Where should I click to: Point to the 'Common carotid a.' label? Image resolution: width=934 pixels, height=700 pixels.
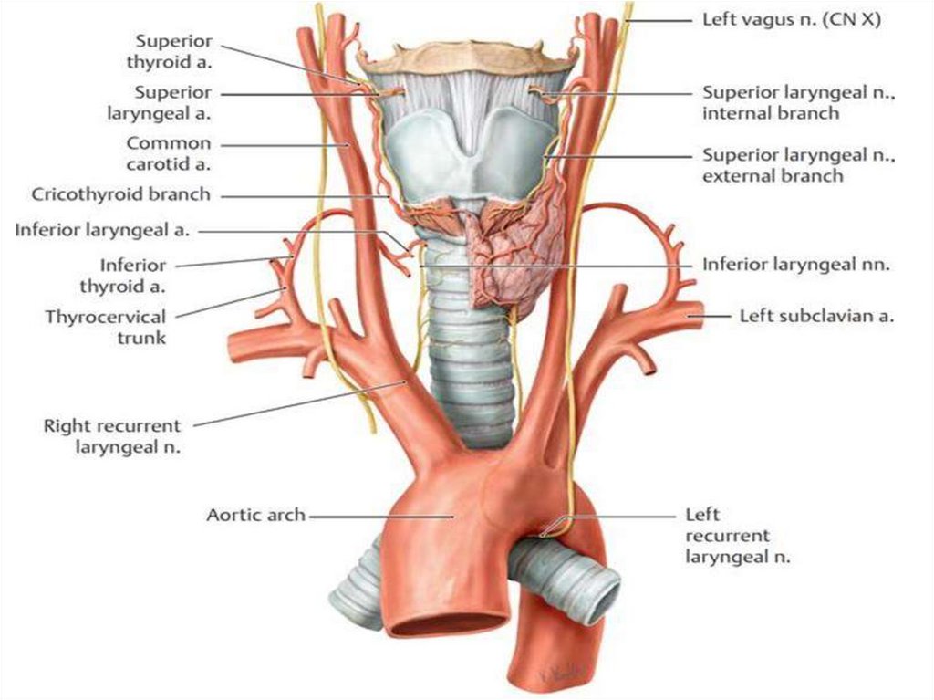(x=169, y=154)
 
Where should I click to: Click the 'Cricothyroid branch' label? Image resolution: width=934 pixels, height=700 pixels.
(x=121, y=194)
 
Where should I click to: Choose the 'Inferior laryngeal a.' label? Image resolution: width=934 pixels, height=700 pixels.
(x=102, y=231)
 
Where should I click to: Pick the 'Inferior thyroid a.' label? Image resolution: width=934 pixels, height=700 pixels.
(x=133, y=277)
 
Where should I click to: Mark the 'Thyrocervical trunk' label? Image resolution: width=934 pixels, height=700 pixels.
(x=106, y=328)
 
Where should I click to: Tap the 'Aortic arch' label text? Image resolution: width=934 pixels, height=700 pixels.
(x=255, y=516)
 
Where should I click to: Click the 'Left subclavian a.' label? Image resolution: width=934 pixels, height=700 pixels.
(x=815, y=317)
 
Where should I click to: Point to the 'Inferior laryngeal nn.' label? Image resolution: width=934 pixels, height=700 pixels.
(x=795, y=265)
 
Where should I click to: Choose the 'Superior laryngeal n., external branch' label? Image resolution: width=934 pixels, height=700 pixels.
(x=798, y=166)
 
